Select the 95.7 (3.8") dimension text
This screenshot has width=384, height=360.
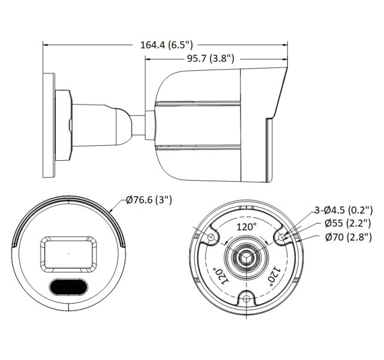click(x=210, y=58)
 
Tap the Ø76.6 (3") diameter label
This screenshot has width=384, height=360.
click(x=149, y=200)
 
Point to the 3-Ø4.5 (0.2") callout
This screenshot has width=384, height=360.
click(x=344, y=210)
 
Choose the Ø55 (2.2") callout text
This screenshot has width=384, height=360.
click(x=348, y=223)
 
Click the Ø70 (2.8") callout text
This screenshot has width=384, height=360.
click(x=348, y=236)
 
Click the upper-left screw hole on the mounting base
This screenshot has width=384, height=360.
click(x=211, y=238)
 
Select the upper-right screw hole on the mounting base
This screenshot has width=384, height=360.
click(x=281, y=238)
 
